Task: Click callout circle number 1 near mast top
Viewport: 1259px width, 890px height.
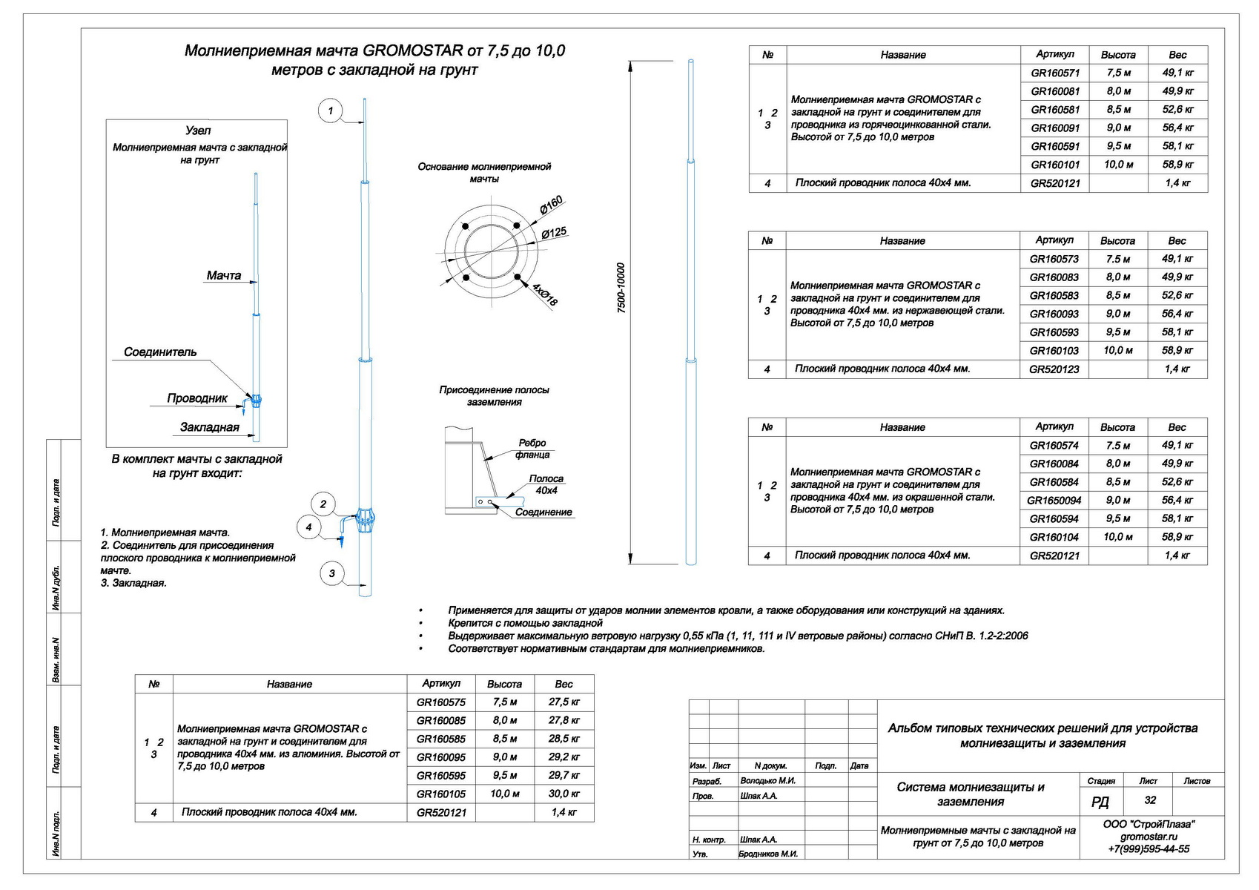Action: tap(330, 112)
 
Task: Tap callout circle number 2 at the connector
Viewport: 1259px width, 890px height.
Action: tap(323, 504)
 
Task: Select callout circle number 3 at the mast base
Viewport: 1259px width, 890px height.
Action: tap(331, 573)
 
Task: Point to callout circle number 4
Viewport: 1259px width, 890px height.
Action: tap(308, 527)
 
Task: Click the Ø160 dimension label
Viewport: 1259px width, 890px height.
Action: tap(551, 205)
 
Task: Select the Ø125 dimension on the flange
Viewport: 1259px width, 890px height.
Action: tap(554, 233)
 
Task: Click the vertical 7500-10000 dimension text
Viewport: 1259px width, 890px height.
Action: tap(621, 288)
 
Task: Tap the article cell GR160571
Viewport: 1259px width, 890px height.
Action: tap(1055, 73)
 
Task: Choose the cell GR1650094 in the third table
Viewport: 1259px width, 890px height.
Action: tap(1054, 501)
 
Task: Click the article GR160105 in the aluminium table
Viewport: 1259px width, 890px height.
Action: tap(441, 794)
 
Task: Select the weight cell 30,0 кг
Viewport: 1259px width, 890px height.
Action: tap(564, 794)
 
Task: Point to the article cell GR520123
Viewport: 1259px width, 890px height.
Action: tap(1054, 369)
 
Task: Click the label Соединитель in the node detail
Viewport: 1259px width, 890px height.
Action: tap(160, 352)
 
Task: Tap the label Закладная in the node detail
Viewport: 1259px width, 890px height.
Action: tap(210, 427)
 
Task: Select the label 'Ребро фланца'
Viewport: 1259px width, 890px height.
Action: tap(532, 449)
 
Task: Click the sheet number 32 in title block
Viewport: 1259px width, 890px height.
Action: tap(1150, 800)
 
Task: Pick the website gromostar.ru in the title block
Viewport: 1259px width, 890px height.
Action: tap(1149, 837)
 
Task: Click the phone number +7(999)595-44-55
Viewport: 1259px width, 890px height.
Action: tap(1149, 849)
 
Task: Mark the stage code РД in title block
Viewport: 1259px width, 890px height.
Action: tap(1100, 802)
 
